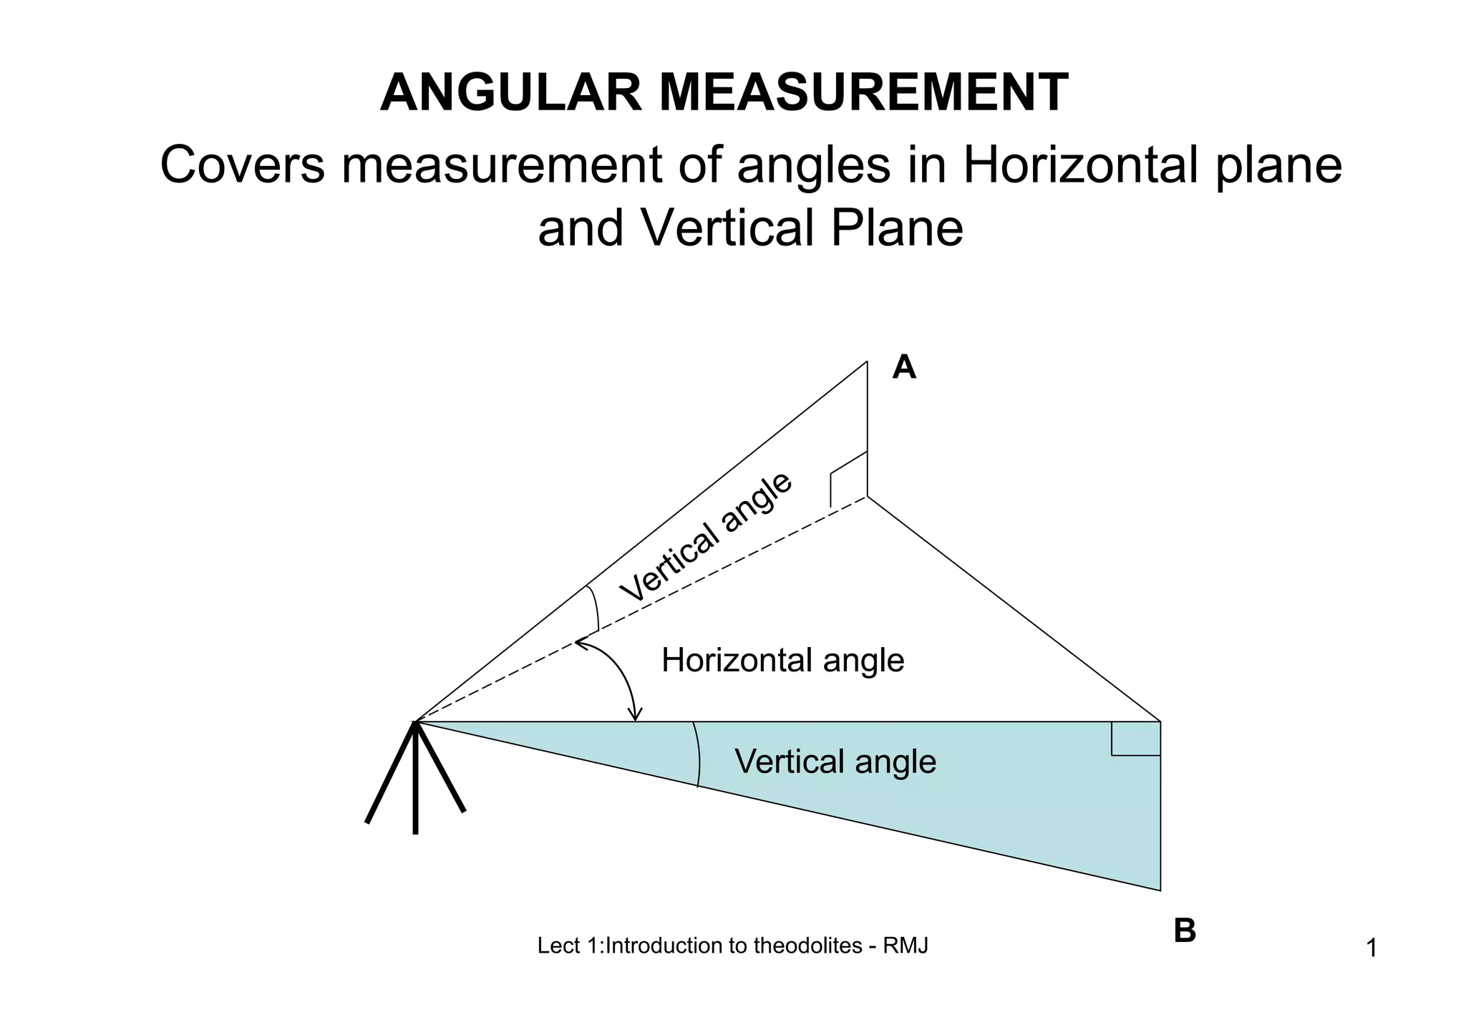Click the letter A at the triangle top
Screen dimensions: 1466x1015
(904, 368)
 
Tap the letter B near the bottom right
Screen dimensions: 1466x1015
(1185, 931)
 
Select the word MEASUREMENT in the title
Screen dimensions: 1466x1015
(863, 93)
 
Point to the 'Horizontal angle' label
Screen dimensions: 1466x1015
(782, 660)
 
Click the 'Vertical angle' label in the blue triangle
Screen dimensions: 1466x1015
(835, 762)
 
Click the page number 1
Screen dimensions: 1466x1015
(1372, 948)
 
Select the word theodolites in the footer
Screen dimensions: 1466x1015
(807, 946)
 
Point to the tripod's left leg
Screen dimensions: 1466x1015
(390, 773)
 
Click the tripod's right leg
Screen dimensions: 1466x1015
(440, 767)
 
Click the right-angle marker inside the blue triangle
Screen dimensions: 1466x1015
(1135, 739)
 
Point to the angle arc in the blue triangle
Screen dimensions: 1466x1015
(697, 754)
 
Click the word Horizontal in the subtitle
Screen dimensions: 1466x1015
(1079, 165)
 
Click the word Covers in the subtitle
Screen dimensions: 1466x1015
(242, 165)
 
